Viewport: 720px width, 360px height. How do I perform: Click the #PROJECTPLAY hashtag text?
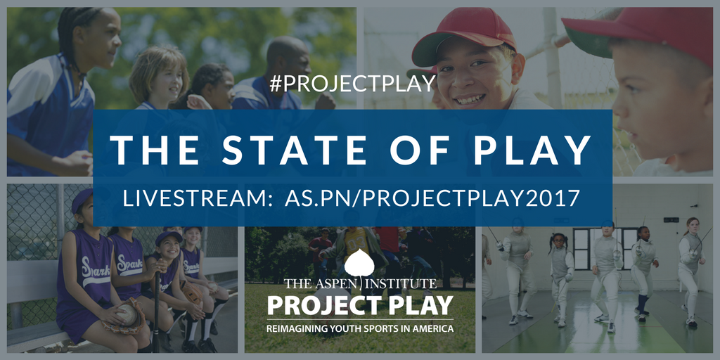pos(352,83)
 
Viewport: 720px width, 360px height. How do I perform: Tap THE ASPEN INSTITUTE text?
pos(360,285)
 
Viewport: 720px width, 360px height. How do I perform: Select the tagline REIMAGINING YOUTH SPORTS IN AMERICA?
pos(360,328)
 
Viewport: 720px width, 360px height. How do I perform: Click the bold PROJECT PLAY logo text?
pos(360,306)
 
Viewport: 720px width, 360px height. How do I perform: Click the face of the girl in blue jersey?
pos(101,35)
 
